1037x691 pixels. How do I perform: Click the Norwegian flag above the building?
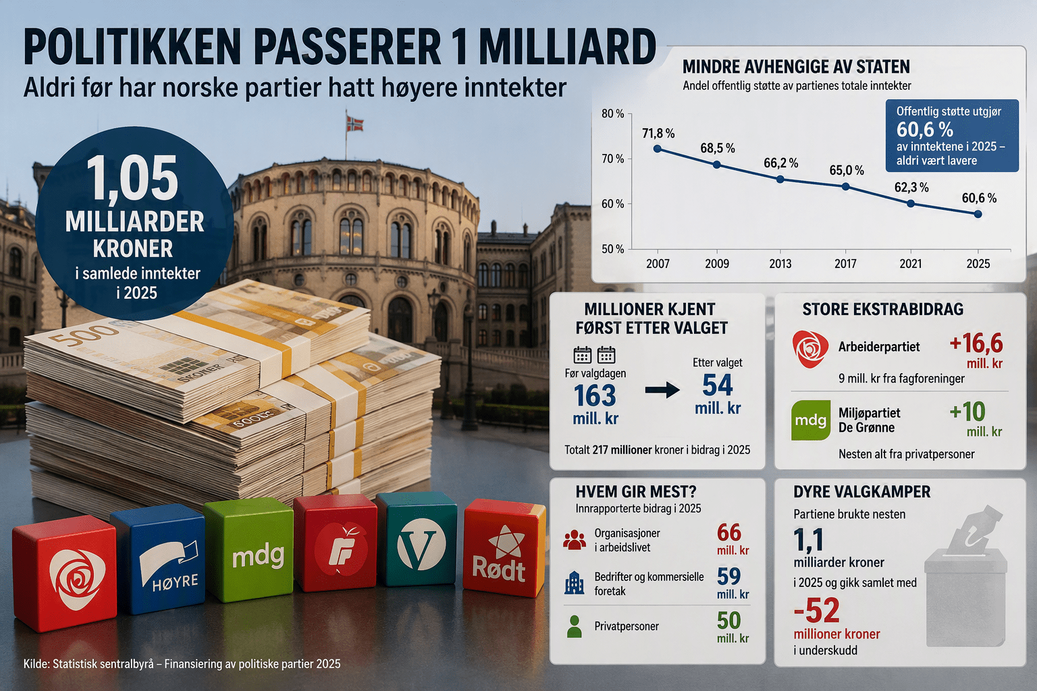(x=355, y=123)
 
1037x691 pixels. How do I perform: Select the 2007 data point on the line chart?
(x=658, y=149)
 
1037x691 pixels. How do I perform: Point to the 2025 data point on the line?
(x=978, y=215)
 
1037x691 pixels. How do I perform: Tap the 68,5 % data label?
(x=718, y=148)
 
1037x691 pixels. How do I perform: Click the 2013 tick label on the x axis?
(x=780, y=264)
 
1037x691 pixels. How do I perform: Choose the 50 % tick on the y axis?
(x=613, y=249)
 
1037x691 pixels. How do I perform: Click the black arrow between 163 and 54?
(x=662, y=390)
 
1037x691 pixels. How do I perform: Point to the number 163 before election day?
(x=595, y=395)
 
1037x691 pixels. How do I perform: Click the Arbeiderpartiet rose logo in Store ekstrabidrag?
(x=810, y=348)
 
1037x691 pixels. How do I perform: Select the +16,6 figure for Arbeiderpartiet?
(x=976, y=343)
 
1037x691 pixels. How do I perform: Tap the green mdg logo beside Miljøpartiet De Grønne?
(x=811, y=420)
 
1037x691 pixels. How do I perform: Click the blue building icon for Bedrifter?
(x=574, y=582)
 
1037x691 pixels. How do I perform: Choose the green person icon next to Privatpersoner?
(x=574, y=627)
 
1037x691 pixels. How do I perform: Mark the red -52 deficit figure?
(x=817, y=611)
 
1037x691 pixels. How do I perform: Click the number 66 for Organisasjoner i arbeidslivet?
(x=729, y=532)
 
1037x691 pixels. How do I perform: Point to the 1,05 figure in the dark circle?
(x=132, y=178)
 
